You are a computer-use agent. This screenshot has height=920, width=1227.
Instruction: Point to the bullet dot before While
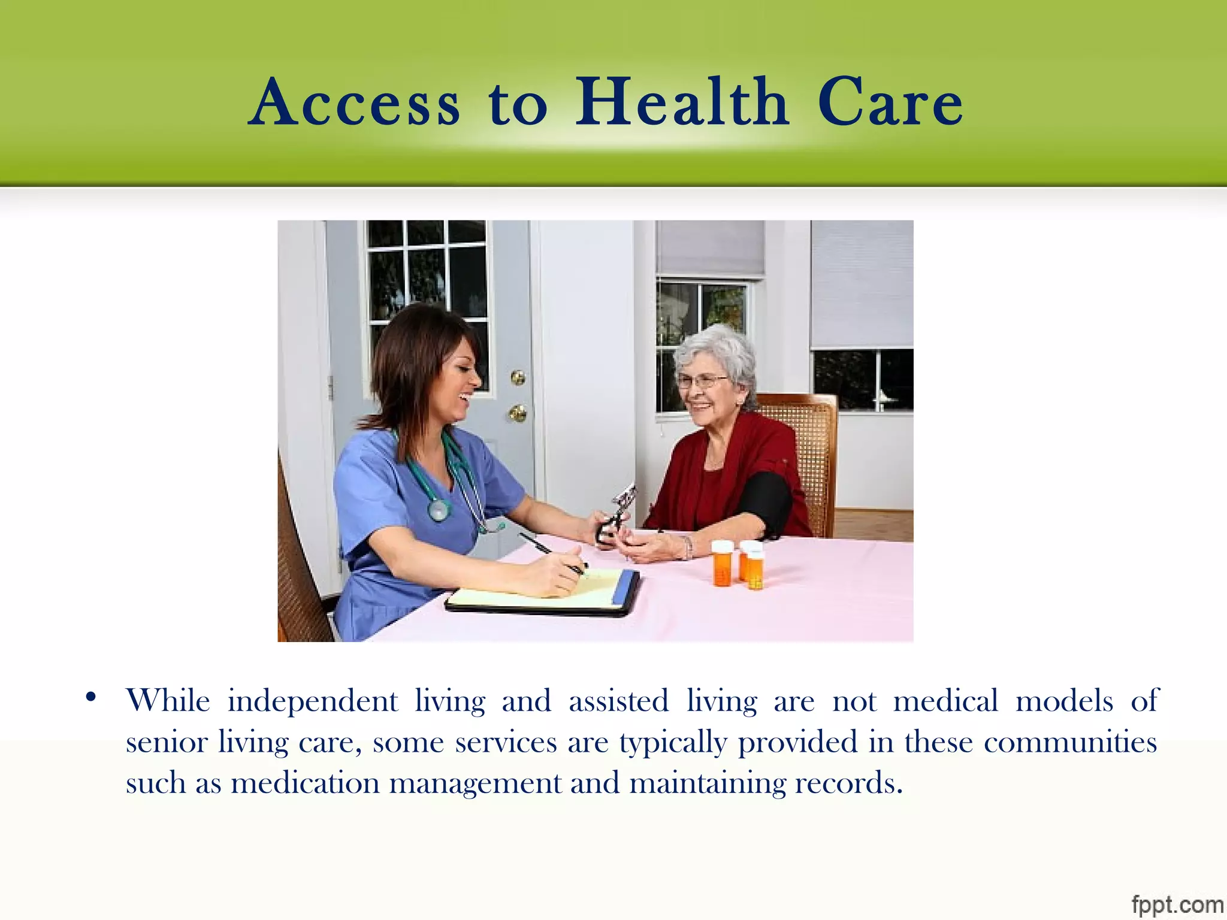(91, 697)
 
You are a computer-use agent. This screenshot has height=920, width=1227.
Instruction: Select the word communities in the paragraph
(1070, 742)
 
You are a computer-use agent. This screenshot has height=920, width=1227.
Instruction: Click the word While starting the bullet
(168, 700)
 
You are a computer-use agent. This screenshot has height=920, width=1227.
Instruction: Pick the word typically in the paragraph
(673, 743)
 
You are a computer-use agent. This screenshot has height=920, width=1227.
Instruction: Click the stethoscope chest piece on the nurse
(439, 510)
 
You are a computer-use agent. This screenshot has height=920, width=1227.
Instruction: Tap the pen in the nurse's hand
(551, 551)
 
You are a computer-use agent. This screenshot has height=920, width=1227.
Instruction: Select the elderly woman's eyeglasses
(701, 380)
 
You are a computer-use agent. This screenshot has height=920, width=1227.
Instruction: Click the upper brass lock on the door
(518, 377)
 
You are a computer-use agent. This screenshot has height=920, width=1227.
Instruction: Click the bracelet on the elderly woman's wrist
(688, 547)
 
